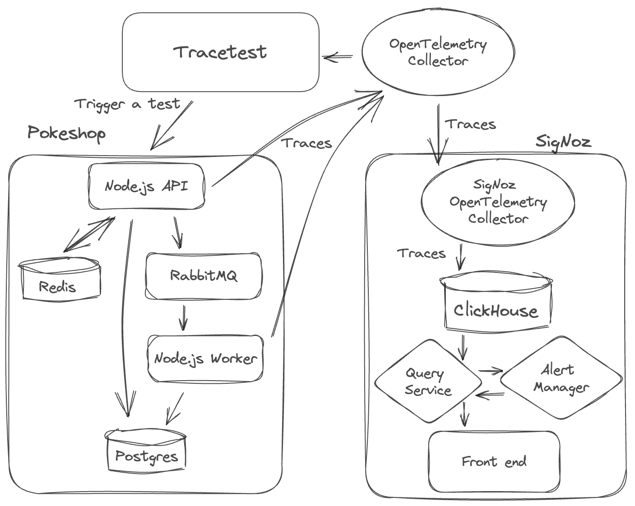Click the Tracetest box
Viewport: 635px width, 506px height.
click(220, 52)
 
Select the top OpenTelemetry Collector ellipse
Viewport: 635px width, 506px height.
click(438, 52)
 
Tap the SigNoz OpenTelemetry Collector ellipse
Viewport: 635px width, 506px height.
click(497, 202)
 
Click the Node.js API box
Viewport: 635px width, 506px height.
click(146, 186)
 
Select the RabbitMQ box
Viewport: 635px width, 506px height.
click(203, 276)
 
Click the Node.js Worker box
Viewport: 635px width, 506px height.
click(205, 359)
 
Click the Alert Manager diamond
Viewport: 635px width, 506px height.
click(561, 378)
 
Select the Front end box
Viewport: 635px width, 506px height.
click(494, 461)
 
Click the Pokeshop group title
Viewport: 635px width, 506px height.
click(66, 133)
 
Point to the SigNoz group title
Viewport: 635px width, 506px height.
click(563, 142)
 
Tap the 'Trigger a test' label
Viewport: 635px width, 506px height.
click(127, 104)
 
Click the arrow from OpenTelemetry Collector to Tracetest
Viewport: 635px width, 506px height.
click(338, 57)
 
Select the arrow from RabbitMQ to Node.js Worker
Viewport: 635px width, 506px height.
click(183, 317)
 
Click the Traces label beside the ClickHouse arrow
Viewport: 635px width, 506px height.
click(421, 253)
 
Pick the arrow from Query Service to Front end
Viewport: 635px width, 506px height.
click(464, 414)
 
